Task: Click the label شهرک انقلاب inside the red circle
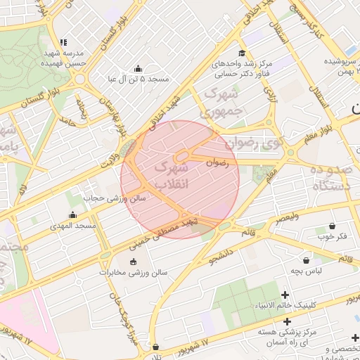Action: click(x=171, y=176)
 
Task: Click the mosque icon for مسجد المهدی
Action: click(x=72, y=215)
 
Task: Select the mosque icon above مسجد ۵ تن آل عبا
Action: click(x=138, y=69)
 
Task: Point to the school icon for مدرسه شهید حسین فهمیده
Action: click(x=64, y=43)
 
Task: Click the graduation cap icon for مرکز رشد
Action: click(x=242, y=53)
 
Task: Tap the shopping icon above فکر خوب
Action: click(x=332, y=226)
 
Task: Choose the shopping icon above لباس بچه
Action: click(x=306, y=260)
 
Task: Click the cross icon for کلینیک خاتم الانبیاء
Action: click(x=285, y=295)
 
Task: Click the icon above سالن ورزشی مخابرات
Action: click(x=134, y=262)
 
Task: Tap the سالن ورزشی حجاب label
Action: click(x=115, y=198)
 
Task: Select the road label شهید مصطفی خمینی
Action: click(x=164, y=232)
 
